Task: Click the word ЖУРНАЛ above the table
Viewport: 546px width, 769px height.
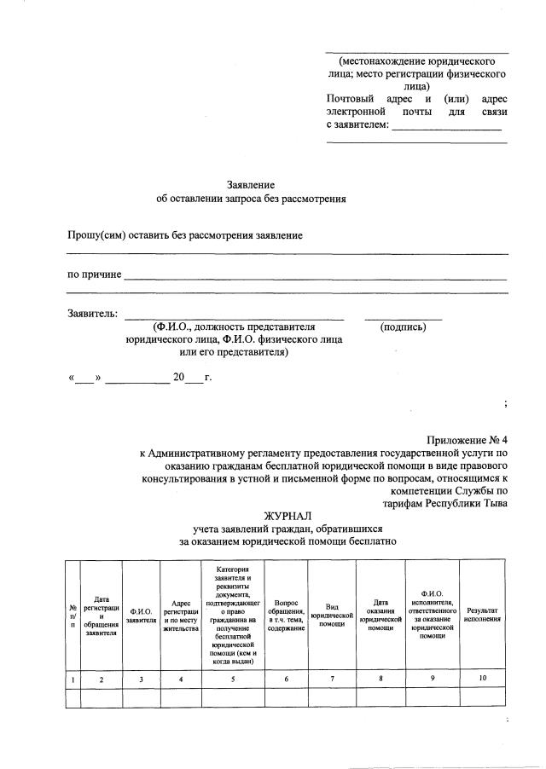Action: pos(288,516)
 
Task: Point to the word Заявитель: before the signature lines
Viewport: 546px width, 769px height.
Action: pos(93,314)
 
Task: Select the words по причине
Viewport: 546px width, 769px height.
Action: pos(95,275)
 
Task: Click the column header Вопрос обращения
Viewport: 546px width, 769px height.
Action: pos(286,615)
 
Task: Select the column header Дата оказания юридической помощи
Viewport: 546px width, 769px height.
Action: pos(380,616)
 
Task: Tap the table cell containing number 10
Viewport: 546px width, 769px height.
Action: pos(483,679)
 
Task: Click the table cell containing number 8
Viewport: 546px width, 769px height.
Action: pos(380,679)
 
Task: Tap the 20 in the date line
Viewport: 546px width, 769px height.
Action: pos(178,378)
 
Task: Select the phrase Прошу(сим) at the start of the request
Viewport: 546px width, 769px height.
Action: pos(96,235)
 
